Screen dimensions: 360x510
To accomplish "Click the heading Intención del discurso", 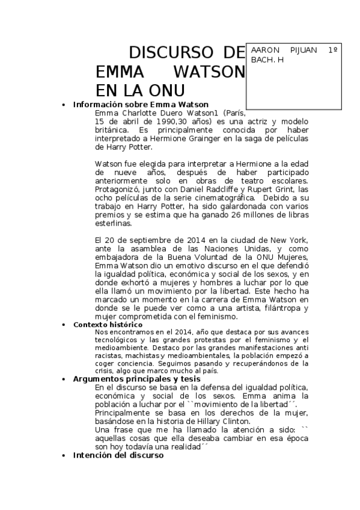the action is pos(118,455).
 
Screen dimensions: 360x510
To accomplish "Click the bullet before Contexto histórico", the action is pos(64,325).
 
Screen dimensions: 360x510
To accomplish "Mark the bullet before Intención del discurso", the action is pos(64,456).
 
